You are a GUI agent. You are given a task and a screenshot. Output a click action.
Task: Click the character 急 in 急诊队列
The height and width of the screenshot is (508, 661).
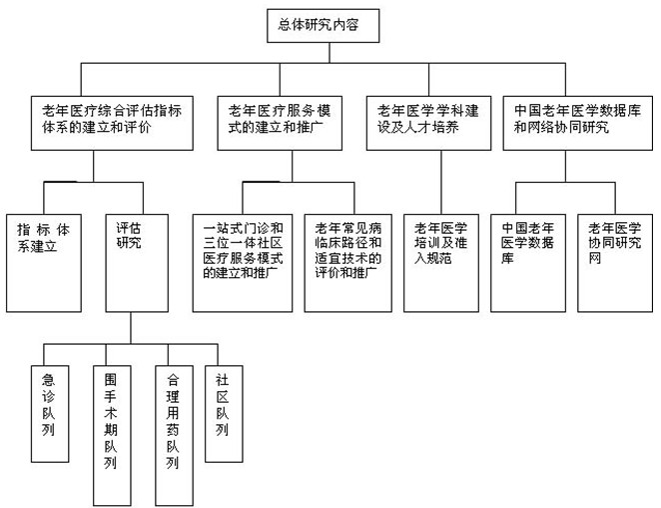(x=49, y=380)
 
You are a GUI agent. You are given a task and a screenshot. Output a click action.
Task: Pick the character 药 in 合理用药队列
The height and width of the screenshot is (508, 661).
(x=173, y=430)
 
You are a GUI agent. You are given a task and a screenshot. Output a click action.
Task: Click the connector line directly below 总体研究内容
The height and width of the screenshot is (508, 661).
(x=330, y=53)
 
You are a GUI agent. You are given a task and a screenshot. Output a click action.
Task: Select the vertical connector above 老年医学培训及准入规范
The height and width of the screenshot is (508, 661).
(x=441, y=182)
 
